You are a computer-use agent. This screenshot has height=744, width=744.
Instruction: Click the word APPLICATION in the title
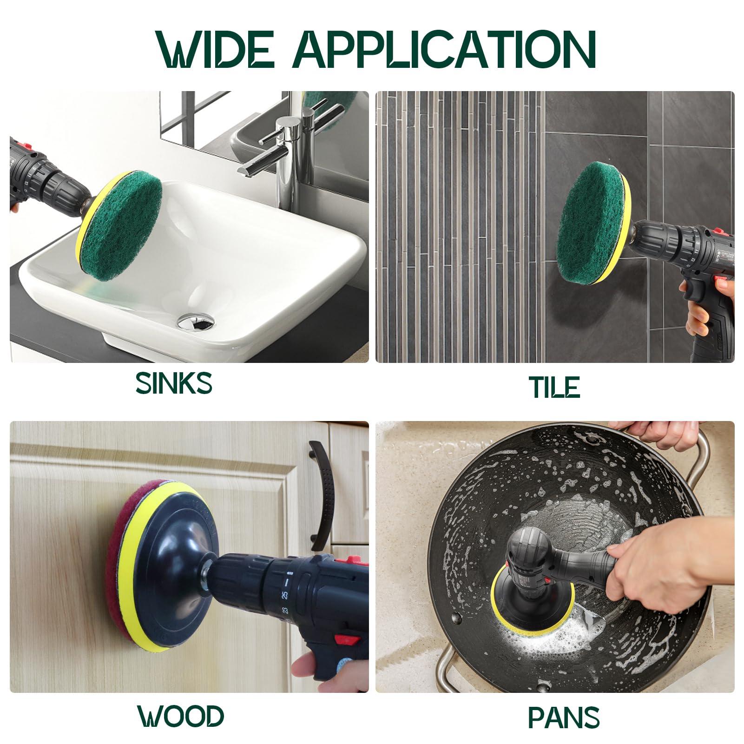click(444, 50)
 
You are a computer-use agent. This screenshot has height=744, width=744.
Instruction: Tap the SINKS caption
click(174, 383)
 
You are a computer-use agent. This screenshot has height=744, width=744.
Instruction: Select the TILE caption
click(555, 387)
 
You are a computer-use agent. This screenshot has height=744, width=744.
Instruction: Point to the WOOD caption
click(180, 716)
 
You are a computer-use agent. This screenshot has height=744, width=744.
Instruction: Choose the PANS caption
click(564, 717)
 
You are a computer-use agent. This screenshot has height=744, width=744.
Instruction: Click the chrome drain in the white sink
click(196, 320)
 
